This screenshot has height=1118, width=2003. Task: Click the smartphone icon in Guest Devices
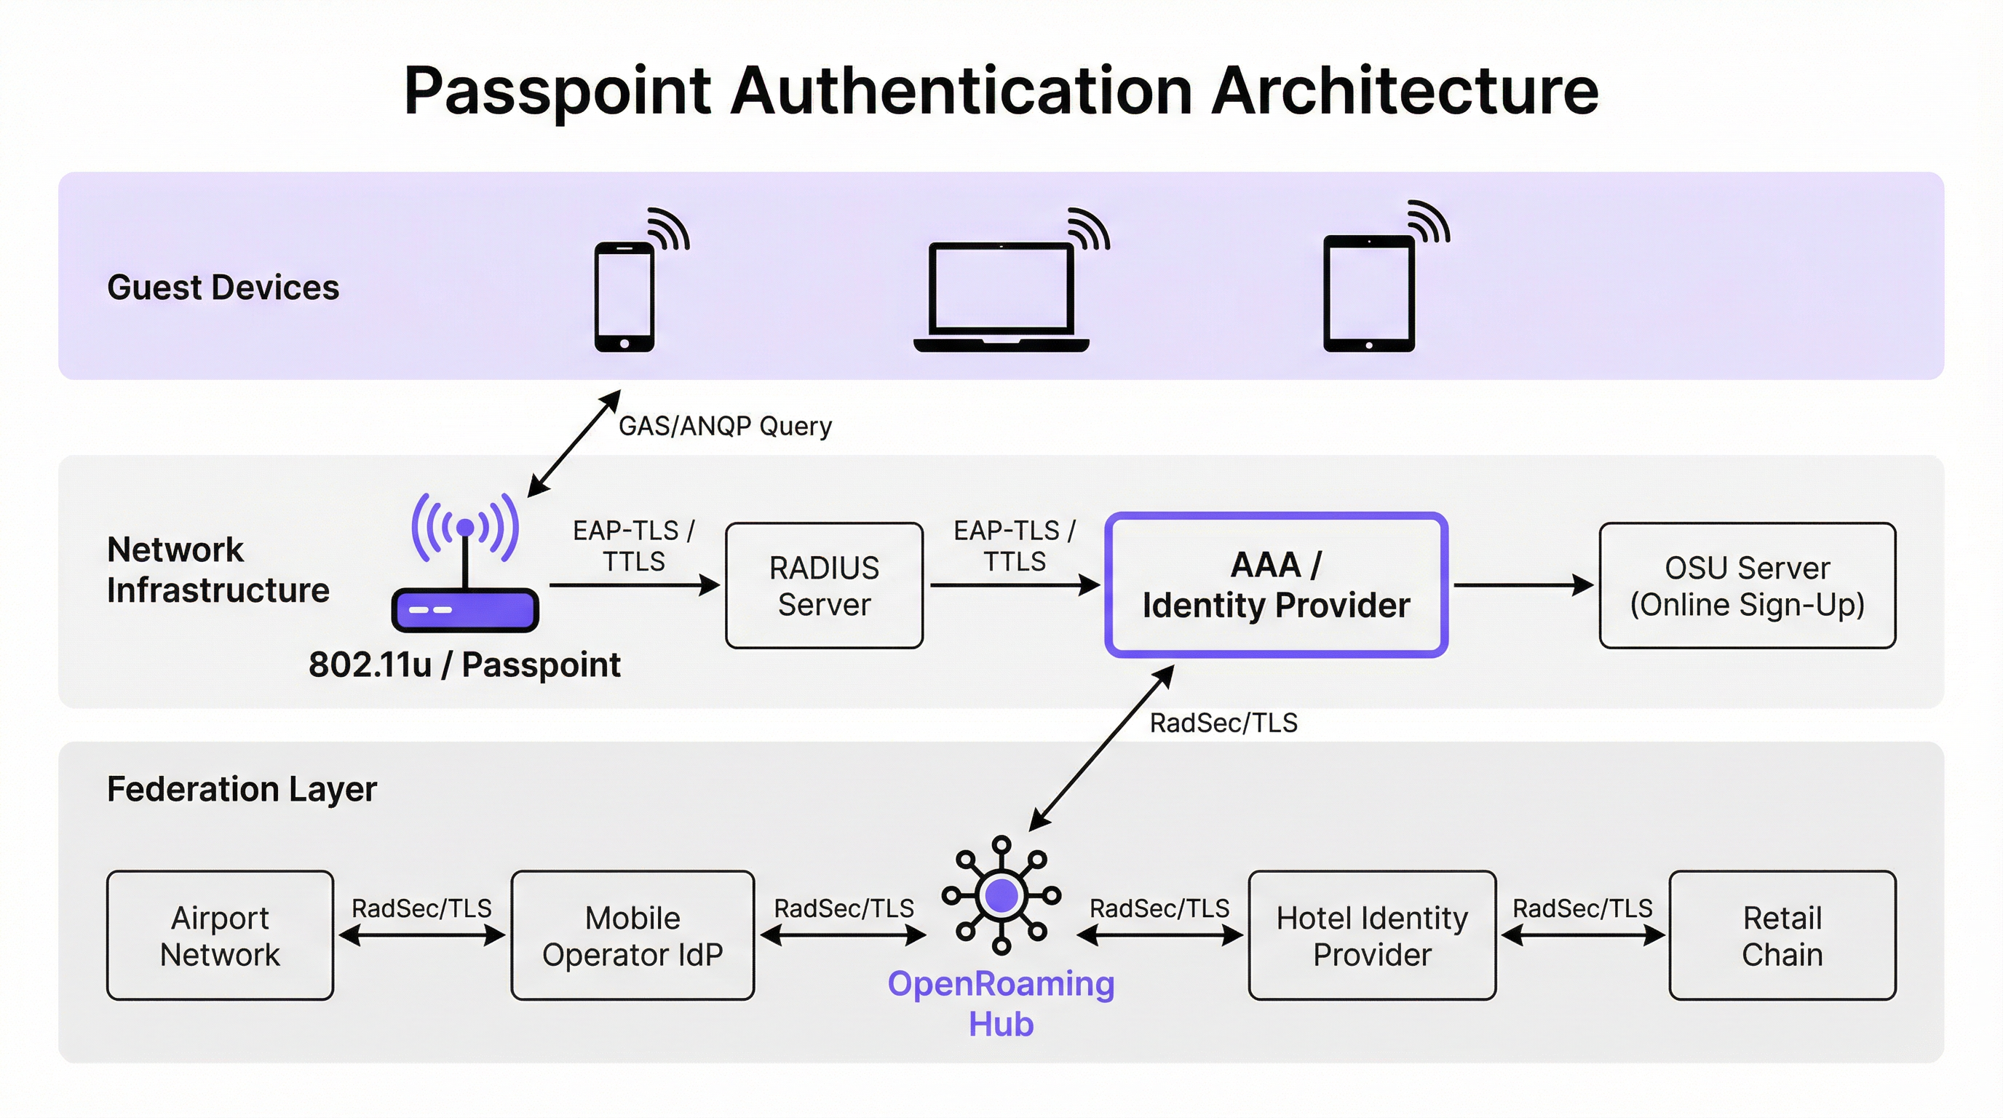click(624, 297)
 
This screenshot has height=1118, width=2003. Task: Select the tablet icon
click(1369, 294)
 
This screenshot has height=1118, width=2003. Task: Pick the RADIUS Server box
click(824, 585)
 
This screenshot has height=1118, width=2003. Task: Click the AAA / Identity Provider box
click(1276, 584)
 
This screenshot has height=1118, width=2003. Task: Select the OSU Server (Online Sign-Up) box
click(1748, 585)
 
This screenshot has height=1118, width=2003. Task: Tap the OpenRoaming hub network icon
click(1002, 895)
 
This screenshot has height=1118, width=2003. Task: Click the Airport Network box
click(220, 935)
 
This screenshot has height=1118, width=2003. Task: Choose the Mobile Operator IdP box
click(632, 935)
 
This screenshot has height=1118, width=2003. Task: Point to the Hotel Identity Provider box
click(1372, 935)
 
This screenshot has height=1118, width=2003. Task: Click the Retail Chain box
click(1782, 935)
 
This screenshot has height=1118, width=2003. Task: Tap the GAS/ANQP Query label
click(725, 426)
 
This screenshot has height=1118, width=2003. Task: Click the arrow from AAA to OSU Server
click(1523, 585)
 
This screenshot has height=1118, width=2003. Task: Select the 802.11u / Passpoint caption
click(464, 665)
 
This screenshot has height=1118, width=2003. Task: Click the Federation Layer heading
click(242, 789)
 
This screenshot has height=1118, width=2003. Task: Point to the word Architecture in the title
click(1404, 91)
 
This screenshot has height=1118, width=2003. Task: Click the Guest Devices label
click(223, 288)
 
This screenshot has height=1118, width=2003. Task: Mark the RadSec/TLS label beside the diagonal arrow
click(1223, 723)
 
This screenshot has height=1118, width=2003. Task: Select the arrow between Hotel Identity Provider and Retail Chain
click(1582, 936)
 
